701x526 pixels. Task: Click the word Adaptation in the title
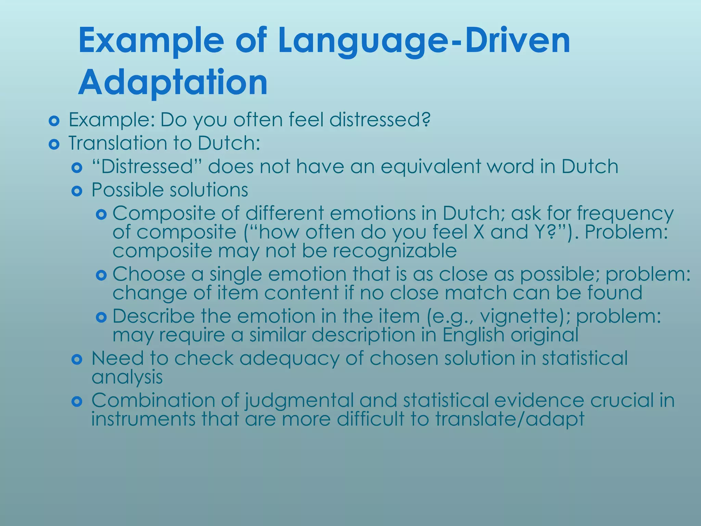(173, 83)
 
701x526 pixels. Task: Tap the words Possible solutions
(170, 190)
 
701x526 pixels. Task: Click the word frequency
(625, 214)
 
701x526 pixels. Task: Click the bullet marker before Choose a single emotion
(102, 275)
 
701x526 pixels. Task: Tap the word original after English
(544, 335)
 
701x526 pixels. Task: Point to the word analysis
(127, 377)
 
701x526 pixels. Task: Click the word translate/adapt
(510, 419)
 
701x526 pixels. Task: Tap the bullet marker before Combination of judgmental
(77, 401)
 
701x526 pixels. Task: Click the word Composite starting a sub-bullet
(164, 214)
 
